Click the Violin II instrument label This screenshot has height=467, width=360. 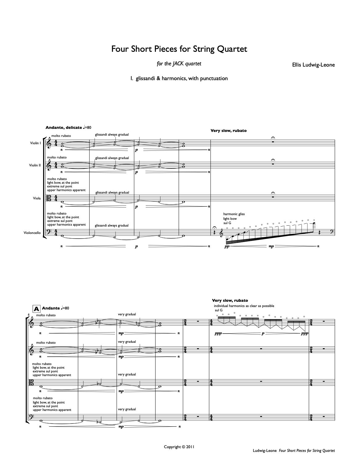tap(35, 165)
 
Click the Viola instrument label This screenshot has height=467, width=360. tap(37, 198)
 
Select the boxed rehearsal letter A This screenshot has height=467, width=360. tap(36, 308)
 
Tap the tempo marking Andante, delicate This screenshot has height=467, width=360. tap(63, 127)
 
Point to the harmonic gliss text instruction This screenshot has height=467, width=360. tap(234, 214)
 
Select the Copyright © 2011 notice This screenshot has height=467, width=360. tap(179, 447)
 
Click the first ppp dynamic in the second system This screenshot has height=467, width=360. tap(222, 334)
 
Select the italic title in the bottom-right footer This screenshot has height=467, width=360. tap(307, 451)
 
